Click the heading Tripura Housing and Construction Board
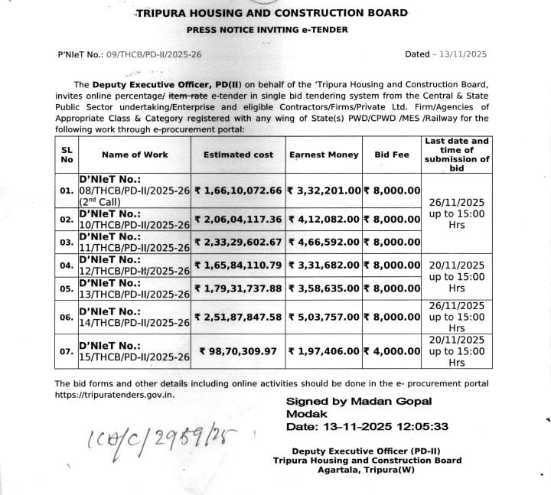click(272, 13)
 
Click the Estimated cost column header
click(238, 155)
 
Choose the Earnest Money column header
click(324, 155)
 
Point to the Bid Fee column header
click(392, 155)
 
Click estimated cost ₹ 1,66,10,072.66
click(239, 190)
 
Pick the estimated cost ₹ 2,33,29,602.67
click(239, 242)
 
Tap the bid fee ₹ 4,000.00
click(392, 351)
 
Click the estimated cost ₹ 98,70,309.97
click(241, 351)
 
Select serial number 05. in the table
click(66, 290)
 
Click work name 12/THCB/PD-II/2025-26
click(135, 272)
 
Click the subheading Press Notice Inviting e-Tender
click(267, 30)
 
